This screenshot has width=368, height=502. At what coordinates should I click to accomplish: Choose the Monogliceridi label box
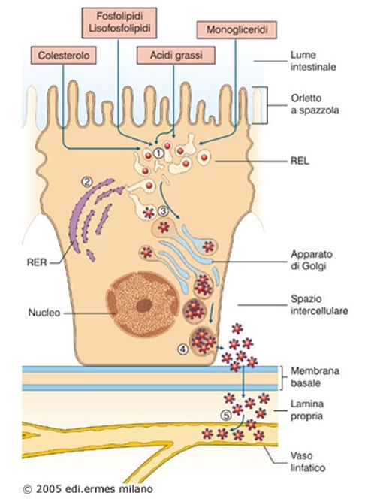(x=234, y=30)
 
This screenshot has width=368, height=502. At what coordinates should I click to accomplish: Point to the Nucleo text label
(x=46, y=310)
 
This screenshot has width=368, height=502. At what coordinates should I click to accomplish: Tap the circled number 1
(x=159, y=154)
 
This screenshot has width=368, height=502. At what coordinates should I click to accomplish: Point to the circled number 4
(x=181, y=349)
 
